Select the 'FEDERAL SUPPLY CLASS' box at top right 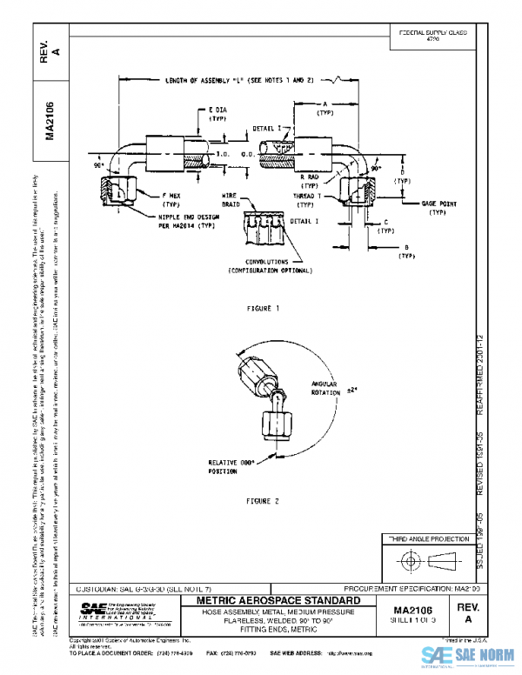tap(432, 36)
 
